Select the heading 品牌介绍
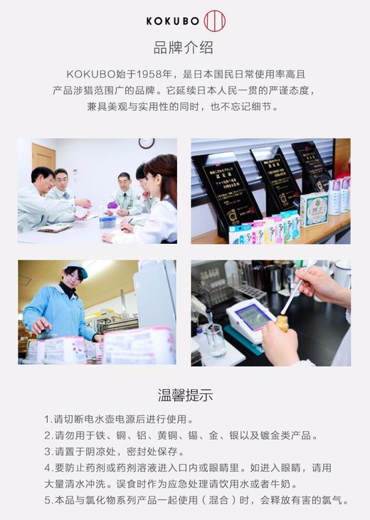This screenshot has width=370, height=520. pyautogui.click(x=184, y=48)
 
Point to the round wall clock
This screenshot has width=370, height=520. pyautogui.click(x=147, y=143)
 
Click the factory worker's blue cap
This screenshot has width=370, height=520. pyautogui.click(x=75, y=271)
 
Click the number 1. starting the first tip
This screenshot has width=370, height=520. pyautogui.click(x=48, y=420)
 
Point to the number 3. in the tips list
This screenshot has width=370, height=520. pyautogui.click(x=48, y=452)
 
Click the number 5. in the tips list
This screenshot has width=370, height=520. pyautogui.click(x=48, y=500)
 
